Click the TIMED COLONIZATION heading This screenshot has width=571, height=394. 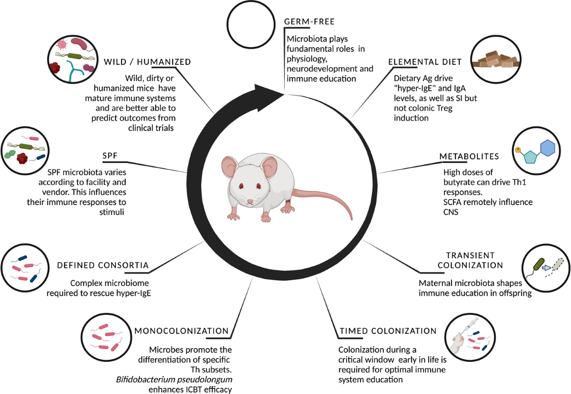click(x=387, y=331)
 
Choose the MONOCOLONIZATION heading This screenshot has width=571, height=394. click(x=181, y=331)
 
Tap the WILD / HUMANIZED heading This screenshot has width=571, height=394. click(x=147, y=62)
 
